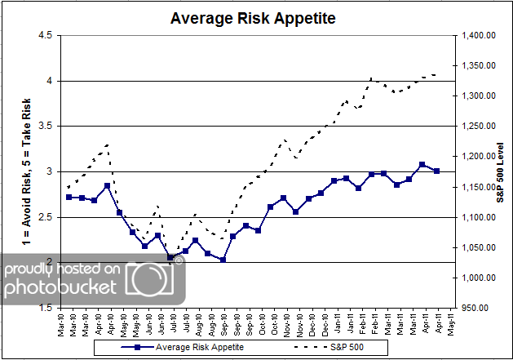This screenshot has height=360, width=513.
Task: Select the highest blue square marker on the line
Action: [422, 164]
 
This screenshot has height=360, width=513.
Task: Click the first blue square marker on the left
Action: [69, 197]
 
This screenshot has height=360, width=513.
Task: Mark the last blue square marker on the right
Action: [436, 171]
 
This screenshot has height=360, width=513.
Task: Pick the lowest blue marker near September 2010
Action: [223, 260]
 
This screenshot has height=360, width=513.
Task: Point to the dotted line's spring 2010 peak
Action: [107, 144]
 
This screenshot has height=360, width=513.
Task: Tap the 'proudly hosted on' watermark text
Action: [64, 269]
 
